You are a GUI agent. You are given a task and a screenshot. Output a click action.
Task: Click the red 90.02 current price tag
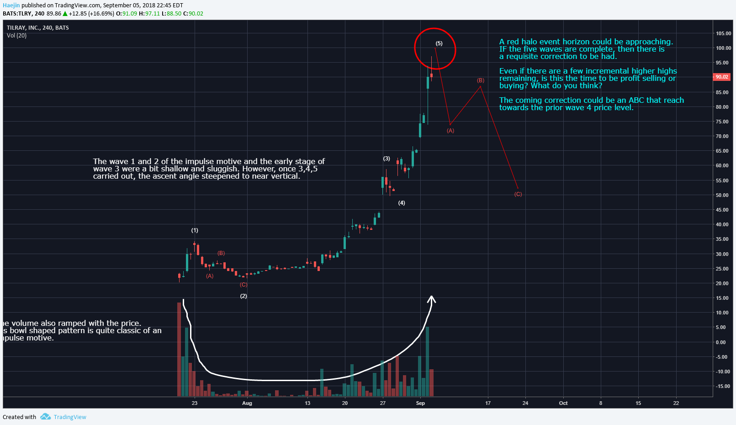click(x=722, y=77)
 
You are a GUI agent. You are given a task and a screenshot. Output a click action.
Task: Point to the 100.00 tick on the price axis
click(x=723, y=48)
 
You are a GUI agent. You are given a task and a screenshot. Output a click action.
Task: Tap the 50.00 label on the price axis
click(x=722, y=195)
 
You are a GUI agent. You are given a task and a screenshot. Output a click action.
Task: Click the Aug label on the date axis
click(x=247, y=403)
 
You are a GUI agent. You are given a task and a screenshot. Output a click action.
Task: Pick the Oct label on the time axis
click(x=563, y=403)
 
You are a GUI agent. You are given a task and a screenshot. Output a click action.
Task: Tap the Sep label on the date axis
click(x=420, y=403)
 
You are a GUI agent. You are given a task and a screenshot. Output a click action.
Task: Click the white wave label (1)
click(x=195, y=230)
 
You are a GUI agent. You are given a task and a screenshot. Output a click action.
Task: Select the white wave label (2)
click(x=244, y=296)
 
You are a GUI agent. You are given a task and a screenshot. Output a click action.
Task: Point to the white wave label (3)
click(x=387, y=159)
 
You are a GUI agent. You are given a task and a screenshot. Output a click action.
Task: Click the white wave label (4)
click(x=402, y=203)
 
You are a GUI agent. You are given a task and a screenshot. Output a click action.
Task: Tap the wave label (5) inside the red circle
click(x=439, y=43)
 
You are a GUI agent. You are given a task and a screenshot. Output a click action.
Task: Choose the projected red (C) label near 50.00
click(x=518, y=194)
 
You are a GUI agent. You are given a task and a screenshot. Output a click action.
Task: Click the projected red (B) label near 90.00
click(x=481, y=80)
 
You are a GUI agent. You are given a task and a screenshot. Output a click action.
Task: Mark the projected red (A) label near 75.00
click(x=450, y=131)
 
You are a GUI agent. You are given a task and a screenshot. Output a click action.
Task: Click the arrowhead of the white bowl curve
click(x=432, y=298)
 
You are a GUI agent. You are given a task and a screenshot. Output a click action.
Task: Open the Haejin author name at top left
click(x=11, y=5)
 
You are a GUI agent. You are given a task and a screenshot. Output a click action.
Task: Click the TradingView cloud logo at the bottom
click(x=45, y=417)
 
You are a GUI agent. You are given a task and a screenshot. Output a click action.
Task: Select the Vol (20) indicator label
click(x=17, y=36)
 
